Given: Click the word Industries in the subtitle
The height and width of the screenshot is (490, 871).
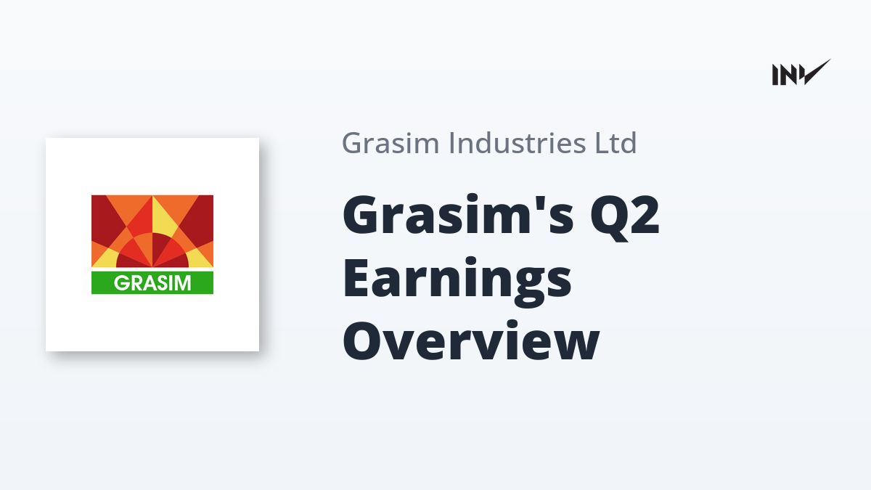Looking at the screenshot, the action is coord(517,143).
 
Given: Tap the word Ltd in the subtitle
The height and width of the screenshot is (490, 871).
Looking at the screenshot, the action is coord(616,143).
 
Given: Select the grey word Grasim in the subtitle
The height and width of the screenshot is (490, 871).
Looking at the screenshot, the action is coord(390,143).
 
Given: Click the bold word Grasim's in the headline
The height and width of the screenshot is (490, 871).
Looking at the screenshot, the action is coord(458,215).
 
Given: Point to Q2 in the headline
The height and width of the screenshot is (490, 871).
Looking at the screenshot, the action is coord(625,218).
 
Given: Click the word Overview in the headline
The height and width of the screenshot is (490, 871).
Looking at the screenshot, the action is coord(471,340).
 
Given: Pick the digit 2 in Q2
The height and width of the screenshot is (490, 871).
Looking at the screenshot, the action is coord(645,214).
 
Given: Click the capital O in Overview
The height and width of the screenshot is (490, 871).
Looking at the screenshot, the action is coord(361,340).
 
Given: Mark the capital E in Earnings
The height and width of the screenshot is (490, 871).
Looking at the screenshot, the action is coord(356,277).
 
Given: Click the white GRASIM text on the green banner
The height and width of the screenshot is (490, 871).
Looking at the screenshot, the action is coord(152,282).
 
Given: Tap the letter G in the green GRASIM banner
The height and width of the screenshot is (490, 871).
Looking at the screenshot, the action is coord(121,282).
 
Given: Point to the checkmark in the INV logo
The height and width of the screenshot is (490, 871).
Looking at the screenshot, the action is coord(817,73).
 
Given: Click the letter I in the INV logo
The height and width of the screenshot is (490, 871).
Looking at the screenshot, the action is coord(775,75).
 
